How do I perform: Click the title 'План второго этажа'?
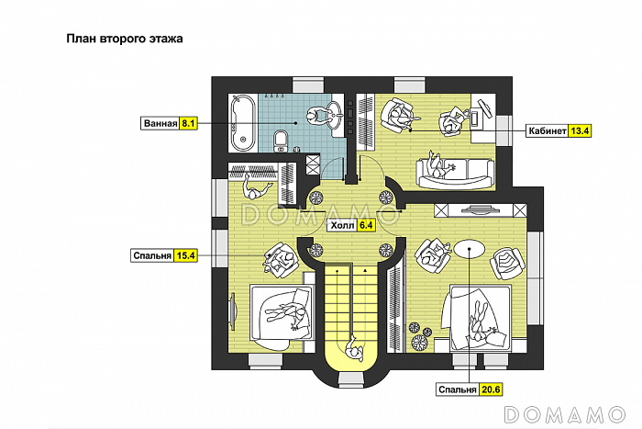pos(125,40)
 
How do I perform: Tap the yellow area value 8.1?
pos(189,122)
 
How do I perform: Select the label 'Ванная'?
pos(160,122)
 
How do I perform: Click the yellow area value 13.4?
pos(581,130)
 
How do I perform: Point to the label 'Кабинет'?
pos(547,130)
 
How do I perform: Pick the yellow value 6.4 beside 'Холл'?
pos(367,223)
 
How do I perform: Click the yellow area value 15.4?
pos(186,255)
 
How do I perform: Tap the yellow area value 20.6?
pos(491,390)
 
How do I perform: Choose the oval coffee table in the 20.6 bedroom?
pos(469,249)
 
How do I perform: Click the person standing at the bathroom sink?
pos(316,117)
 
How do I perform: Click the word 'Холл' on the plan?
pos(342,223)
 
